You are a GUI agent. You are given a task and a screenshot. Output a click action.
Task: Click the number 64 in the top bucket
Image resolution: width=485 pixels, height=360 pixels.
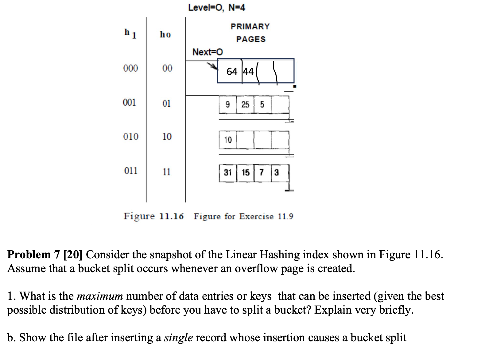pos(232,72)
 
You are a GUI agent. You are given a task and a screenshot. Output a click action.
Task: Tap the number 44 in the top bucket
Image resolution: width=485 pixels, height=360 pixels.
pos(248,72)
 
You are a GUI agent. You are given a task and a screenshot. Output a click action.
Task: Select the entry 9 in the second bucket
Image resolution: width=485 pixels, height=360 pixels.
pos(227,105)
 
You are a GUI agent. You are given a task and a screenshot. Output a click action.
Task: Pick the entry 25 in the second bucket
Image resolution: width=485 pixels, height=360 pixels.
pos(245,105)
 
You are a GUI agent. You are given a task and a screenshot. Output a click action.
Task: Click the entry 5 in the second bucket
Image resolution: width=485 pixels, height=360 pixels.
pos(262,105)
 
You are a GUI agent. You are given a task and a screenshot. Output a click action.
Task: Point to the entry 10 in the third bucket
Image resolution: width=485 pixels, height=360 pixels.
pos(228,140)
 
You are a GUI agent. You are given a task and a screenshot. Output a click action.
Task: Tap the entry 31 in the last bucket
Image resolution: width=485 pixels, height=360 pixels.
pos(227,173)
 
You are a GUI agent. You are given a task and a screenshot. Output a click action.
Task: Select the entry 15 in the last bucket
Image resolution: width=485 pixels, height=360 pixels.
pos(245,173)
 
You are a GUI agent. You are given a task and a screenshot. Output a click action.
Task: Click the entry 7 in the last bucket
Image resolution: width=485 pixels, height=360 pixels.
pos(262,173)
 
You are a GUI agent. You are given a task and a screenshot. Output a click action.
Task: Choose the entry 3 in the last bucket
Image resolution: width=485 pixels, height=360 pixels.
pos(277,173)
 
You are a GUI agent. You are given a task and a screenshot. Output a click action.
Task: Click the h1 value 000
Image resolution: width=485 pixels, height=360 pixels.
pos(130,68)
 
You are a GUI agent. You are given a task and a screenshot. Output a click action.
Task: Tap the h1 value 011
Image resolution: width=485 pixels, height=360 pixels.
pos(131,171)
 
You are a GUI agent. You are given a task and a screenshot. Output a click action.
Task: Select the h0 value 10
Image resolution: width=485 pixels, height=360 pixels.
pos(167,136)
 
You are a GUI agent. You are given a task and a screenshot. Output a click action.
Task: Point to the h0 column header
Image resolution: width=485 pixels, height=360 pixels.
pos(165,34)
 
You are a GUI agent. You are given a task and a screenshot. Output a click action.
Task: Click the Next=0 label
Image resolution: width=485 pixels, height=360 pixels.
pos(207,52)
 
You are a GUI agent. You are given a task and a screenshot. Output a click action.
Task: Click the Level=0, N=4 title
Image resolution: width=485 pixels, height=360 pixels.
pos(216,7)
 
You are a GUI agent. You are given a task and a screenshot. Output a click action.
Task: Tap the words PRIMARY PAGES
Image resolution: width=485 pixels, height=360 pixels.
pos(250,33)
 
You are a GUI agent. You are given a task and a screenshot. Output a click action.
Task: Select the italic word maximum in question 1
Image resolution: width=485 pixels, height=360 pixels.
pos(99,296)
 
